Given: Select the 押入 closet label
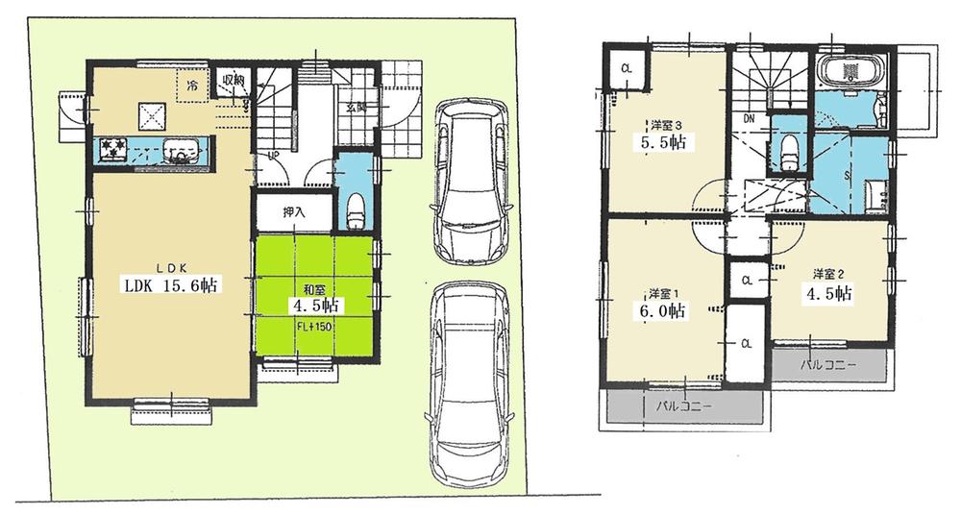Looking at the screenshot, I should point(293,211).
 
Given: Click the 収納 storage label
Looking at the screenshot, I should point(233,80).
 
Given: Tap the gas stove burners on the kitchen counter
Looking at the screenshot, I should point(114,149).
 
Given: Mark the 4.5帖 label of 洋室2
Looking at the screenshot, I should point(827,295).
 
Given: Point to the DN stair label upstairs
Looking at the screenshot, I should point(748,119).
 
